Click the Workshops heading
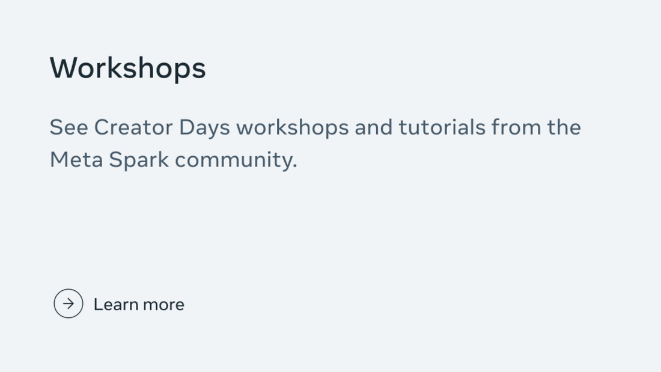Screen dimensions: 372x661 127,69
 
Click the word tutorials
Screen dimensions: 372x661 442,127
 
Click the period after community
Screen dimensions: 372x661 295,166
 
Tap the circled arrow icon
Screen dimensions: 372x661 69,303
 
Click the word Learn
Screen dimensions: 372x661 115,304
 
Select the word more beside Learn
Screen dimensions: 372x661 163,305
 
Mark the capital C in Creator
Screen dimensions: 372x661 103,127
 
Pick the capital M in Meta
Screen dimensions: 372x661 58,160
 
